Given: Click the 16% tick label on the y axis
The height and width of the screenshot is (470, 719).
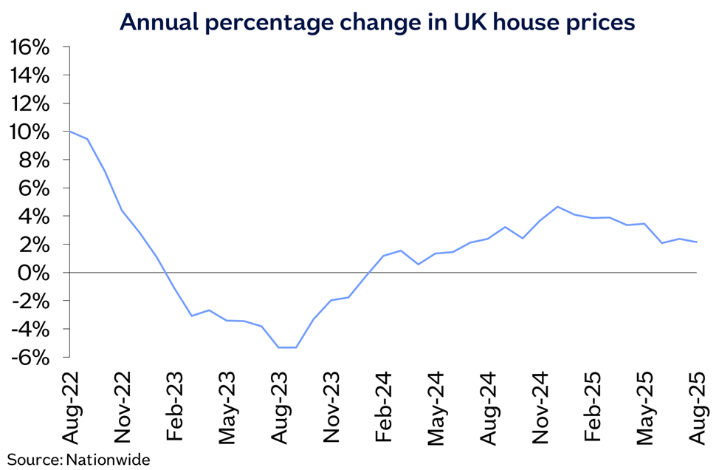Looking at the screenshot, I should coord(30,48).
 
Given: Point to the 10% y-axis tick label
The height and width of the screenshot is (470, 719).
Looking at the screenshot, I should coord(30,132).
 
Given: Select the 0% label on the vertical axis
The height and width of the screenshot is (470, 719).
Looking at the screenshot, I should coord(35,273).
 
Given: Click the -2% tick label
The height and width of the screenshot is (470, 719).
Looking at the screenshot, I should coord(31,301).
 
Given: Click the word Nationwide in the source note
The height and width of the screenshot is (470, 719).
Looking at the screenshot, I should coord(108,460).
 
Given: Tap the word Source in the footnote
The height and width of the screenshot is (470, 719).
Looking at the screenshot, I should coord(34,460).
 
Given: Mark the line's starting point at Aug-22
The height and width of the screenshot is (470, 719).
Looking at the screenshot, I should coord(69,132).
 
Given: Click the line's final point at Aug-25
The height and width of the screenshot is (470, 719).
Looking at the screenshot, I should coord(698,242).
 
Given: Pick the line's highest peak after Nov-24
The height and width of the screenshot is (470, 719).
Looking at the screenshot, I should coord(557,207).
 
